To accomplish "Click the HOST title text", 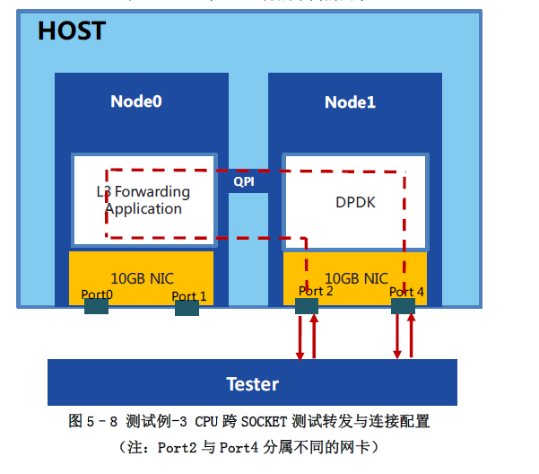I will [x=71, y=31].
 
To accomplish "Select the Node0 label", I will [x=136, y=101].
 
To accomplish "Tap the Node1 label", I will [x=350, y=102].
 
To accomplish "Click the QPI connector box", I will [x=244, y=181].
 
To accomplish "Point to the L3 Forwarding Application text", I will [x=143, y=200].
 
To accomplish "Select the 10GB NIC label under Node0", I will [x=142, y=278].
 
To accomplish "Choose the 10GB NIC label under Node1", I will [x=356, y=278].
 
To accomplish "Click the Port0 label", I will [x=97, y=294].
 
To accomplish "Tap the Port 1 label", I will [x=189, y=296].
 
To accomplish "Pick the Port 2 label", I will [x=316, y=291].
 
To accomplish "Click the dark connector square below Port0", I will [x=97, y=307].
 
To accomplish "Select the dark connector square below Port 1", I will [x=187, y=308].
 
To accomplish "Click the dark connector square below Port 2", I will [x=307, y=306].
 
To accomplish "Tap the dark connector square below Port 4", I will [x=404, y=306].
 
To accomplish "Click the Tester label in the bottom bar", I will [x=252, y=384].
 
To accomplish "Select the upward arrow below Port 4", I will [x=411, y=337].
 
